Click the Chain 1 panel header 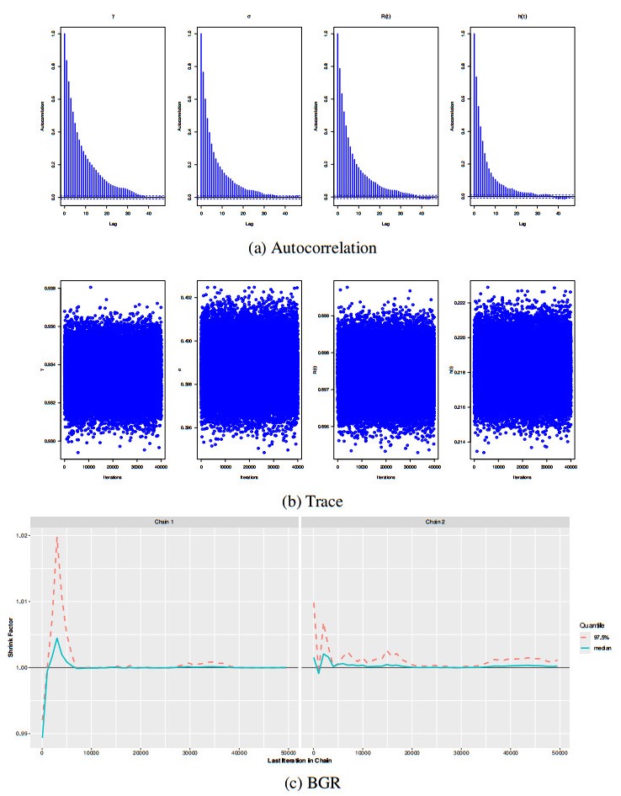(x=168, y=523)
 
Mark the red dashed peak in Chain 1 (x=57, y=537)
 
